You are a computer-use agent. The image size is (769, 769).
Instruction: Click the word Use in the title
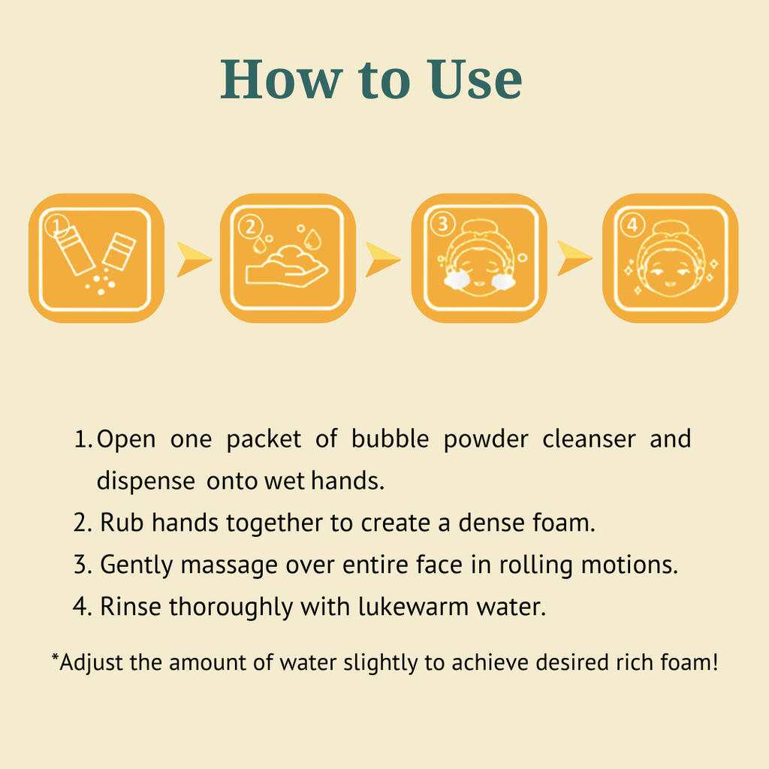click(x=475, y=80)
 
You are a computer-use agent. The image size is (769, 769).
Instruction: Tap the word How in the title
click(x=281, y=80)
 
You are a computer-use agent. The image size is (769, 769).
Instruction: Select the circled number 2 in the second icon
click(x=251, y=227)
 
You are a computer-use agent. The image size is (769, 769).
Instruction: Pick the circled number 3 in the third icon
click(x=443, y=224)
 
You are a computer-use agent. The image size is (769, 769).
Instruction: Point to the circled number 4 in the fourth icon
click(x=632, y=225)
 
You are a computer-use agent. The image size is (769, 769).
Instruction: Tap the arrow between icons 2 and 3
click(x=383, y=259)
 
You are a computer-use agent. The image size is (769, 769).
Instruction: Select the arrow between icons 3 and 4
click(x=574, y=258)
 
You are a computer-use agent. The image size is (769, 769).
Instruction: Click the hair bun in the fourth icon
click(x=670, y=228)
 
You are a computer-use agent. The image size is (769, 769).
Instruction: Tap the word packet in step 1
click(x=264, y=439)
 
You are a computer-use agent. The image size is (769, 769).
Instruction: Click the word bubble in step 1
click(x=390, y=439)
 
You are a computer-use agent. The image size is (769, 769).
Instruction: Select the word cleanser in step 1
click(x=589, y=439)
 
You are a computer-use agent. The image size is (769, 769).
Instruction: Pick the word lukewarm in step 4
click(x=414, y=607)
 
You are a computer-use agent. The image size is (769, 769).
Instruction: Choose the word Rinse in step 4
click(x=131, y=607)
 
